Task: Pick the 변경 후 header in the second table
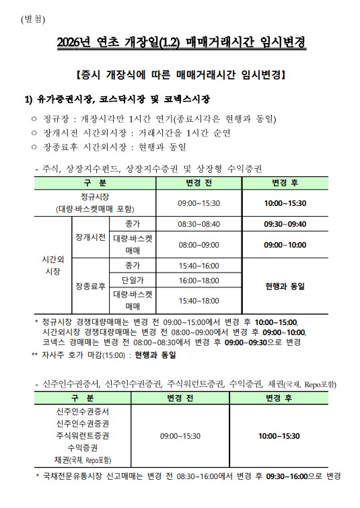point(282,398)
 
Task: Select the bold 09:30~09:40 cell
point(285,224)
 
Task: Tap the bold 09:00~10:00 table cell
point(285,245)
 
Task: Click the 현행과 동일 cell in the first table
point(285,286)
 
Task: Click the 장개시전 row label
point(89,237)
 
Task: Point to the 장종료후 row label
point(89,286)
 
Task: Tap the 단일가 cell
point(131,279)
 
